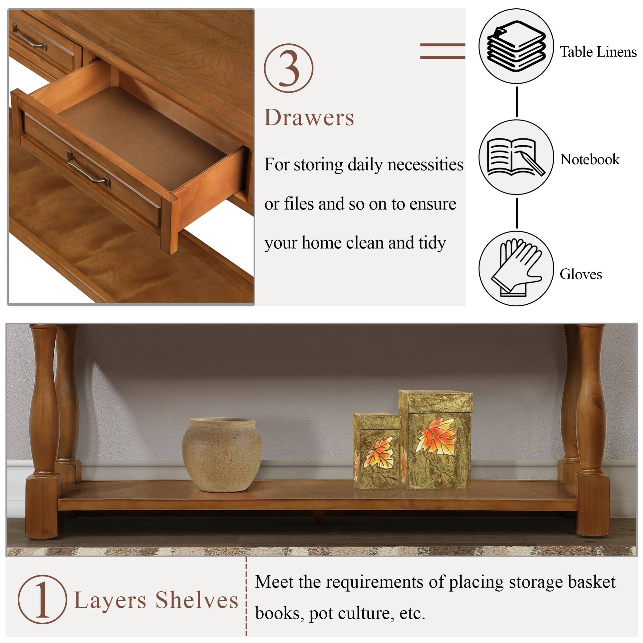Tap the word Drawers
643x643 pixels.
309,118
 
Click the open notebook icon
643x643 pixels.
516,157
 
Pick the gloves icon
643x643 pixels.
516,268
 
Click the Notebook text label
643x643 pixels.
590,159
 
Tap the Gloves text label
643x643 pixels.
581,275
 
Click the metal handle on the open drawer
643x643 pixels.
88,169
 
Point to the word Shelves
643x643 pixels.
197,600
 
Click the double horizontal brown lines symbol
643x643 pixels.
442,51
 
